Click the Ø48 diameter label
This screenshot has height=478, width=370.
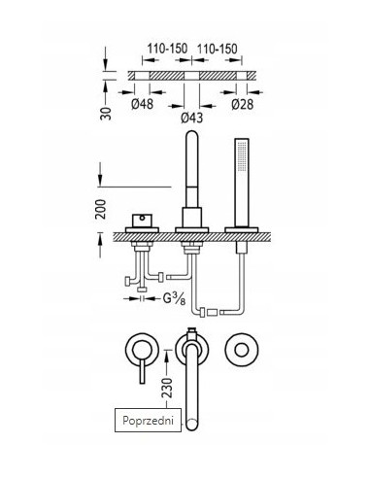142,104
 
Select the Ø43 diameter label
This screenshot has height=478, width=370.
192,118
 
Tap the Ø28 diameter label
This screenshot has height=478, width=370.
243,104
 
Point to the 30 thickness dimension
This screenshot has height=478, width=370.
106,114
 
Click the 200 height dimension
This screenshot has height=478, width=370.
101,209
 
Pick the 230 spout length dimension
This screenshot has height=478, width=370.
167,388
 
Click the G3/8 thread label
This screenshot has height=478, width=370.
174,299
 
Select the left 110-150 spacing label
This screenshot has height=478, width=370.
167,49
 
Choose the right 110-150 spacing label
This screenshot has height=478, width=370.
218,49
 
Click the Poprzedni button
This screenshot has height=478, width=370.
148,420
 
